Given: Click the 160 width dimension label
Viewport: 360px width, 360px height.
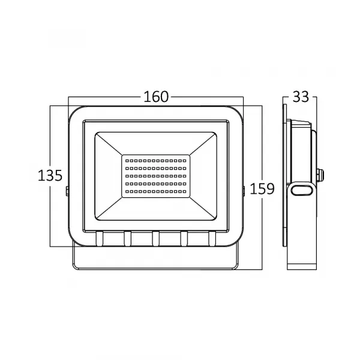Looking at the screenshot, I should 156,97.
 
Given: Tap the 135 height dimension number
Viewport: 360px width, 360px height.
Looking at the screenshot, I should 50,176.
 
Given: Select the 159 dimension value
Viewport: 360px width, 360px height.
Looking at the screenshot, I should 262,188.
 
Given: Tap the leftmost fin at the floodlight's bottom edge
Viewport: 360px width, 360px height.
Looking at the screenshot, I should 99,239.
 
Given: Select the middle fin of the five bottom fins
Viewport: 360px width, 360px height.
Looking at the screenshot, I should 156,239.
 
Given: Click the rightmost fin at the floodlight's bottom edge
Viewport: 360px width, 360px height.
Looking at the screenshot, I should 212,239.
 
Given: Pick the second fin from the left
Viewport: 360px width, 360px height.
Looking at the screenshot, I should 127,239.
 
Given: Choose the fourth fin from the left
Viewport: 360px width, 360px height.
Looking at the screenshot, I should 184,239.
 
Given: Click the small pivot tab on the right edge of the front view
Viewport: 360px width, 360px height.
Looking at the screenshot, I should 243,190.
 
